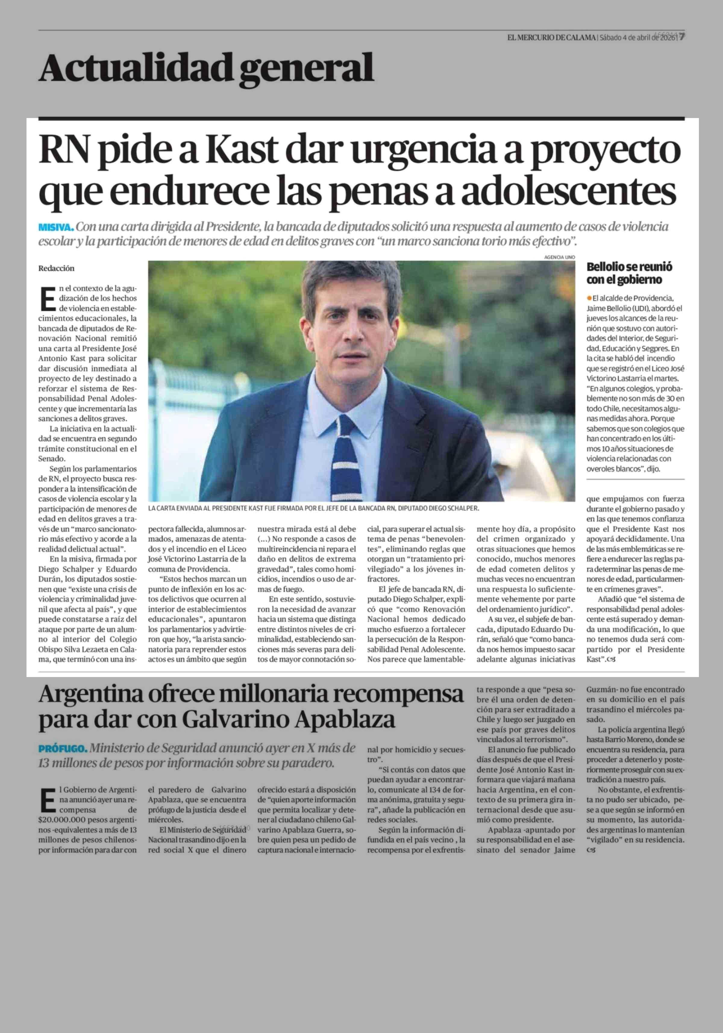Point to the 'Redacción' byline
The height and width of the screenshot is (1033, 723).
point(56,268)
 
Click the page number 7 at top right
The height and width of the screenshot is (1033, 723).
point(682,37)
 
